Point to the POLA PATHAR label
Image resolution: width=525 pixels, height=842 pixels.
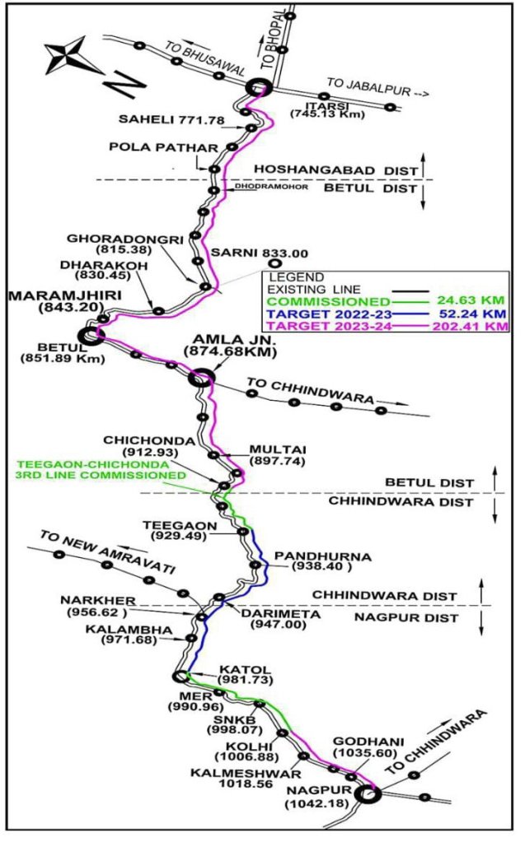coord(163,147)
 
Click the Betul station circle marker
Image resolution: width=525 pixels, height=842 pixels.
coord(89,335)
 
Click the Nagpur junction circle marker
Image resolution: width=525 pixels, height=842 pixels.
coord(368,793)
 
